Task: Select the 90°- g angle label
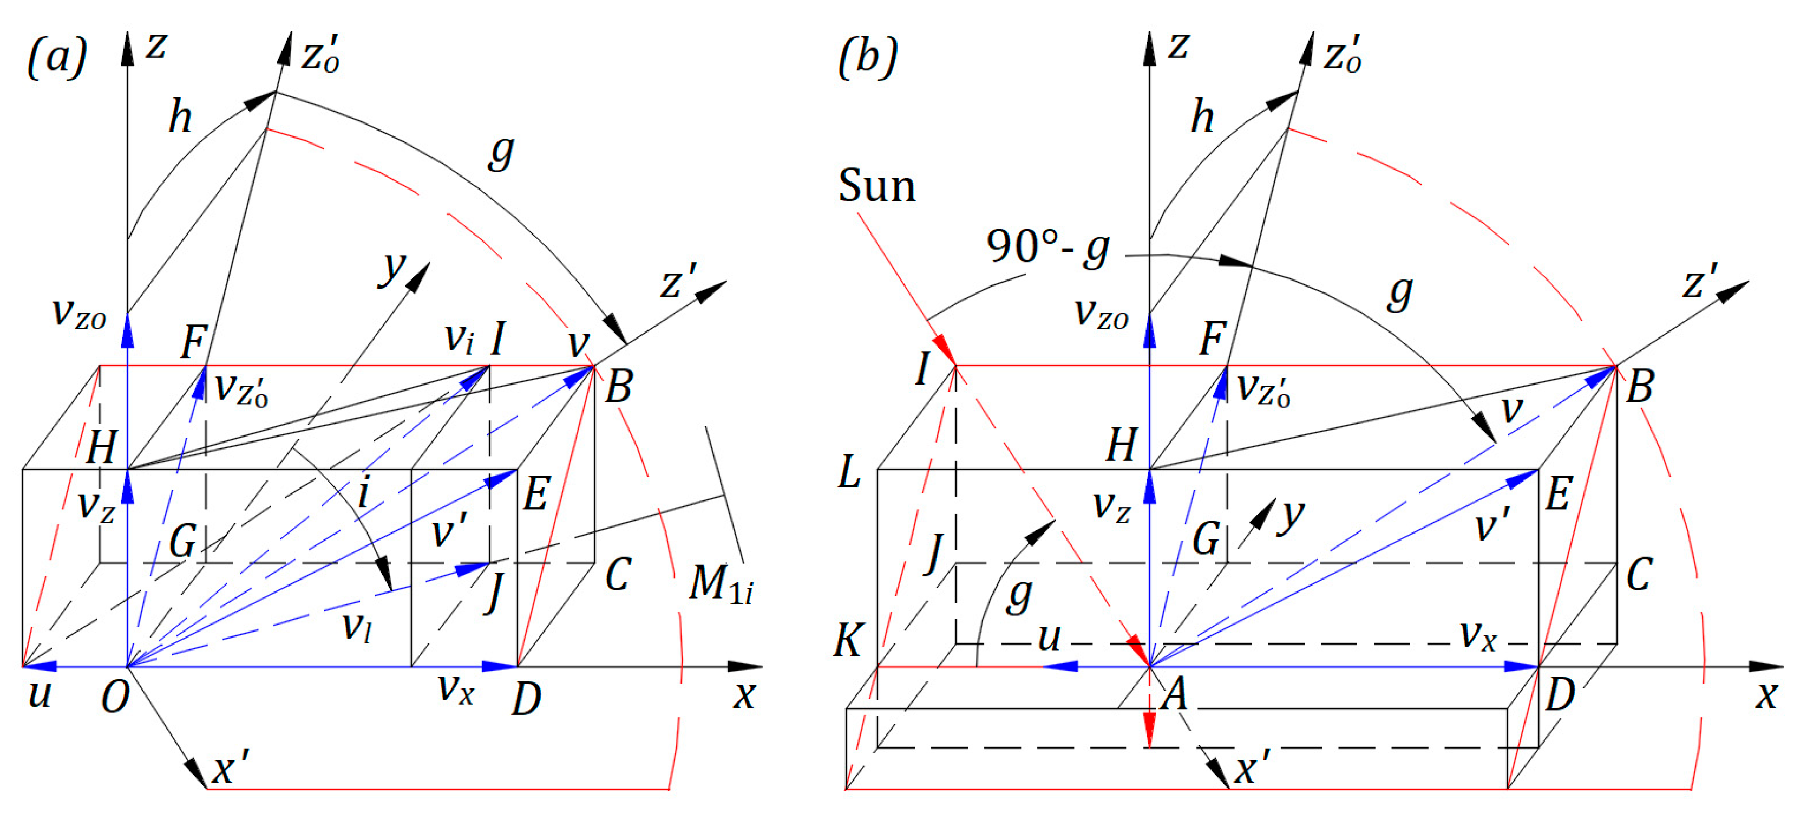point(1047,247)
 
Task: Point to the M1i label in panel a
point(719,584)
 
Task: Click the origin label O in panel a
point(115,698)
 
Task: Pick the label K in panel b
point(849,640)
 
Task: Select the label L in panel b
point(849,472)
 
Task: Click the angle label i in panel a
point(363,493)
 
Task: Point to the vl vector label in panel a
point(356,626)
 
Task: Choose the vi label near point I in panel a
point(460,339)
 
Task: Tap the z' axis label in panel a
point(678,282)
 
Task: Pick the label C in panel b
point(1639,575)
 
